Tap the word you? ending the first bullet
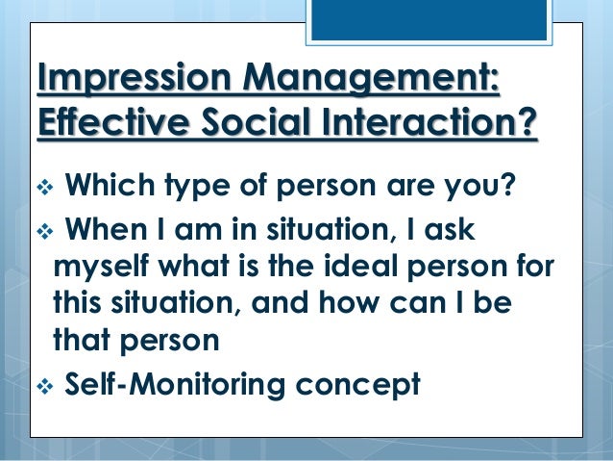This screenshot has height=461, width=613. coord(478,185)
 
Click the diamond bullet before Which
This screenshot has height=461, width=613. coord(43,184)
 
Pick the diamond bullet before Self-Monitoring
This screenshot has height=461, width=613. coord(43,385)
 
